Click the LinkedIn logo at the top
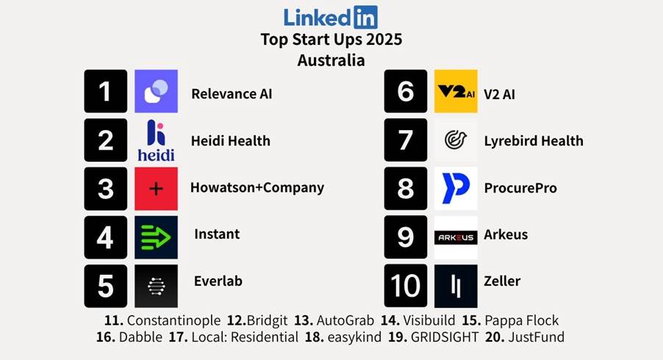(330, 16)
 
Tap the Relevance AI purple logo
(156, 91)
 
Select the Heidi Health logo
(156, 140)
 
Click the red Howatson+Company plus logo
(156, 189)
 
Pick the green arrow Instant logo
(156, 237)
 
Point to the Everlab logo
(156, 285)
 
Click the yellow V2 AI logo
(456, 91)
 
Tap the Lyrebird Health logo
(456, 140)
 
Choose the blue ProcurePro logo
(456, 189)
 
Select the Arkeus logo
(456, 237)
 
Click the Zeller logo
(456, 285)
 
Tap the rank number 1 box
(105, 91)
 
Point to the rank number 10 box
(405, 285)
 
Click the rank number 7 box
(405, 140)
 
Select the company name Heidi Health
(231, 141)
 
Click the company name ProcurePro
(520, 188)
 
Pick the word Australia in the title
(331, 60)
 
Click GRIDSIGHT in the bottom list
(442, 337)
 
